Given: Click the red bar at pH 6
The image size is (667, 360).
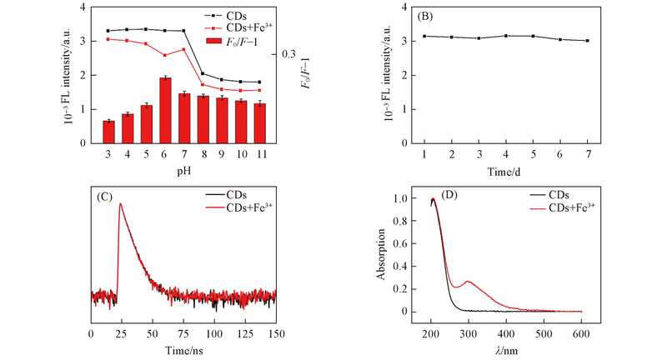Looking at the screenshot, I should pyautogui.click(x=165, y=111).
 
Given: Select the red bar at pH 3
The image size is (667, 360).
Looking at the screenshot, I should pyautogui.click(x=108, y=132).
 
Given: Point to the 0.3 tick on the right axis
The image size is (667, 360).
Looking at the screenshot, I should pyautogui.click(x=288, y=54).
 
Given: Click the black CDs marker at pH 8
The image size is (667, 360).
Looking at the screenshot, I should pyautogui.click(x=203, y=73).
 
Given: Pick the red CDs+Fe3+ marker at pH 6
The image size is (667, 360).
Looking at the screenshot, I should pyautogui.click(x=165, y=55).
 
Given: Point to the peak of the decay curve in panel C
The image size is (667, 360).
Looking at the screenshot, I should pyautogui.click(x=121, y=203).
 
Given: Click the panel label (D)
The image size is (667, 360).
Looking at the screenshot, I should pyautogui.click(x=451, y=197).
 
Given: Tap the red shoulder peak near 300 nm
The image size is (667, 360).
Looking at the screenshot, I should pyautogui.click(x=469, y=282).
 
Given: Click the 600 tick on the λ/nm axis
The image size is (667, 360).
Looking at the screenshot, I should pyautogui.click(x=581, y=333).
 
